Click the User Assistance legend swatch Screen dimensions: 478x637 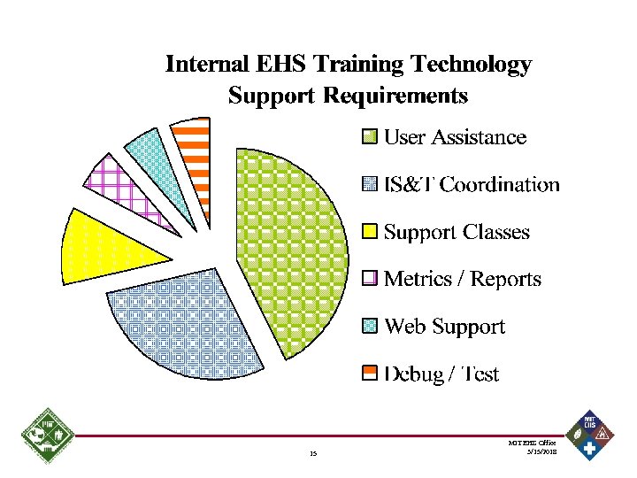pyautogui.click(x=370, y=137)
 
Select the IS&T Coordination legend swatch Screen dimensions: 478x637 pyautogui.click(x=370, y=185)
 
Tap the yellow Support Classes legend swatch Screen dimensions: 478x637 pyautogui.click(x=370, y=233)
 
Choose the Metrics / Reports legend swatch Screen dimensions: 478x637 pyautogui.click(x=370, y=280)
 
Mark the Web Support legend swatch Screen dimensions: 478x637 pyautogui.click(x=370, y=328)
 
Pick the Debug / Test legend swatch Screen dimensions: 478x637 pyautogui.click(x=370, y=374)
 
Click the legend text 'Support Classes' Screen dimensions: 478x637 pyautogui.click(x=457, y=233)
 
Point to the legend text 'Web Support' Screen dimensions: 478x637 pyautogui.click(x=444, y=328)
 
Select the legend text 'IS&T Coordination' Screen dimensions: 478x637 pyautogui.click(x=472, y=185)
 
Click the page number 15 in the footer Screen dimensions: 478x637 pyautogui.click(x=313, y=455)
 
